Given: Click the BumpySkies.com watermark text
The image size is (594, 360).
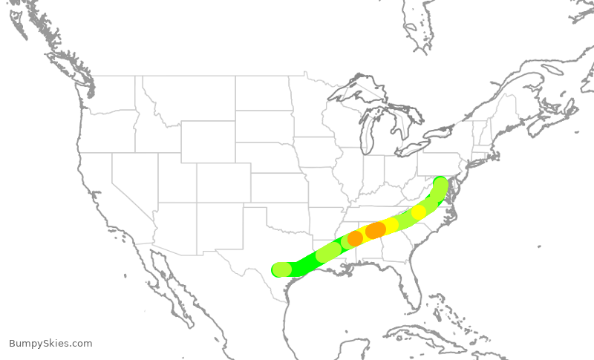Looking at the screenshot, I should (x=50, y=344).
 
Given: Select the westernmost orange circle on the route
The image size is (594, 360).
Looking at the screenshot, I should (x=355, y=238).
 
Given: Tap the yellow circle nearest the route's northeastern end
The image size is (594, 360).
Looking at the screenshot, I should (x=419, y=212).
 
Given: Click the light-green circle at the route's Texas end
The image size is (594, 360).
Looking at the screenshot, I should (x=282, y=269).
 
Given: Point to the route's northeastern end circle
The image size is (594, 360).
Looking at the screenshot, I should (x=440, y=183).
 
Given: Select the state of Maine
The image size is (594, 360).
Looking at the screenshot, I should (x=505, y=104).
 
